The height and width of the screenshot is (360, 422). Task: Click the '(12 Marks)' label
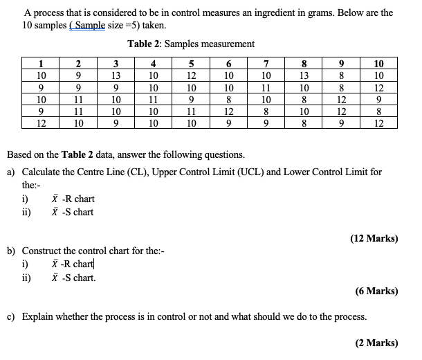coord(374,238)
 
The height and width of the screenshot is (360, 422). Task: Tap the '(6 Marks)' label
coord(377,291)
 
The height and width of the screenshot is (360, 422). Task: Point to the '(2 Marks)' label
coord(377,343)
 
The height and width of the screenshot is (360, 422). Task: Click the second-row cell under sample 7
coord(266,87)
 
